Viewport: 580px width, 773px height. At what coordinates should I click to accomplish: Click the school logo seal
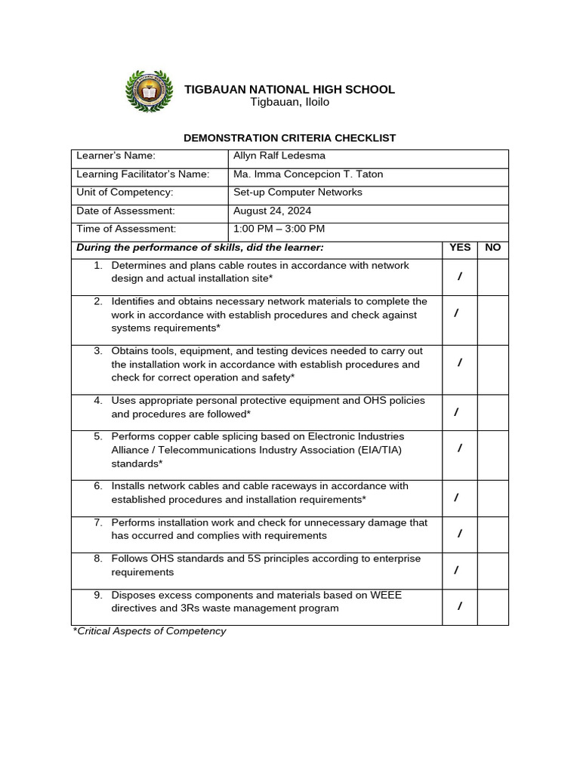tap(149, 92)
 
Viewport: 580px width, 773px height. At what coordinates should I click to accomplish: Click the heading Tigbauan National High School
tap(289, 89)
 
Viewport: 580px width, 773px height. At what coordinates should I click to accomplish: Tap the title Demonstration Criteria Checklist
tap(290, 137)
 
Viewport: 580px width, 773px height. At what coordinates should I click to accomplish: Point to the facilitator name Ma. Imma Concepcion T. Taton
tap(308, 174)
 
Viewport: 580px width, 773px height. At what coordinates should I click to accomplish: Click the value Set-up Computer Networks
tap(298, 192)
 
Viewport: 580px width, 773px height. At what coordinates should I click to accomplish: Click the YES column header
tap(459, 248)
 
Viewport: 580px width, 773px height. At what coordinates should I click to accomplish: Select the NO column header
tap(492, 248)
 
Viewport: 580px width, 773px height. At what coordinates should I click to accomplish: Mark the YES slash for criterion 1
tap(459, 278)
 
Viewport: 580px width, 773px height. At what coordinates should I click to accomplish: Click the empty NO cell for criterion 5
tap(492, 455)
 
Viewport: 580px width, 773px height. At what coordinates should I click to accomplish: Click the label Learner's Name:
tap(116, 156)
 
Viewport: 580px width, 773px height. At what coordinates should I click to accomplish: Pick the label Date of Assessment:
tap(125, 211)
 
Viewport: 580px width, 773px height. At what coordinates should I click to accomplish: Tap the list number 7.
tap(98, 522)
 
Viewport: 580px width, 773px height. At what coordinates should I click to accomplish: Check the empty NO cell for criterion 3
tap(492, 370)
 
